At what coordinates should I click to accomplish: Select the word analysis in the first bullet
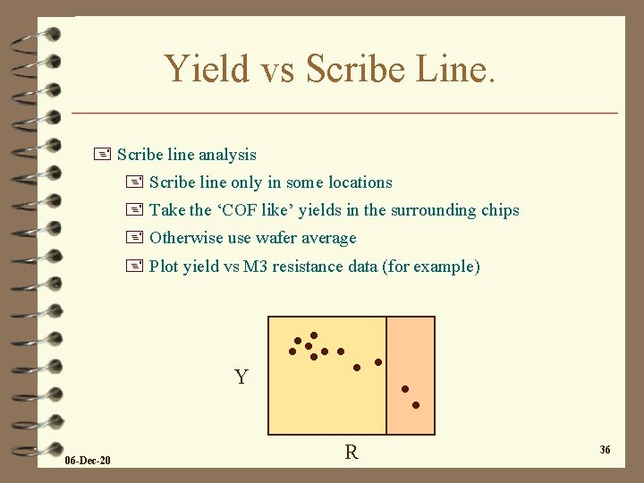pyautogui.click(x=227, y=155)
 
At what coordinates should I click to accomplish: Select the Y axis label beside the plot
pyautogui.click(x=241, y=377)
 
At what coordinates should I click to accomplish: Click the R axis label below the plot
pyautogui.click(x=352, y=453)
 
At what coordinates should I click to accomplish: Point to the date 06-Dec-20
pyautogui.click(x=88, y=461)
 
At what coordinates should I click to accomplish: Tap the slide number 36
pyautogui.click(x=605, y=450)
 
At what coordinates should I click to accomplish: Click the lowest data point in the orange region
pyautogui.click(x=416, y=405)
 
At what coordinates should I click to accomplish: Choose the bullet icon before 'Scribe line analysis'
pyautogui.click(x=105, y=155)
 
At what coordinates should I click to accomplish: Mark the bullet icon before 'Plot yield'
pyautogui.click(x=136, y=267)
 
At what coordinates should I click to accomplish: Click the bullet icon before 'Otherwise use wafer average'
pyautogui.click(x=136, y=238)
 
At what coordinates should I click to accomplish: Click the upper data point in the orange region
pyautogui.click(x=404, y=389)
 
